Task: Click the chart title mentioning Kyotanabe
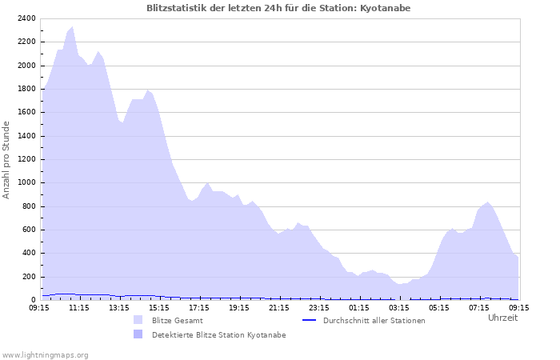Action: coord(279,8)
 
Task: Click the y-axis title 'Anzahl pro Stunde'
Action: coord(6,159)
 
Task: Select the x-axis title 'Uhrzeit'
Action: coord(502,318)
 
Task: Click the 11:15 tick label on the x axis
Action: coord(79,306)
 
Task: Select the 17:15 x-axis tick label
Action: coord(199,306)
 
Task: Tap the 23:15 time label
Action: coord(319,306)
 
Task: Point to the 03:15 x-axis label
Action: coord(399,306)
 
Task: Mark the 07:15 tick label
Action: coord(479,306)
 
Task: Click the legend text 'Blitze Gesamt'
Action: coord(177,321)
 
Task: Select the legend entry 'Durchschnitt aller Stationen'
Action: coord(374,321)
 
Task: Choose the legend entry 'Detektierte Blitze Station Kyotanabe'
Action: coord(218,335)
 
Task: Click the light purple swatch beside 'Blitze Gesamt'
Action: coord(138,321)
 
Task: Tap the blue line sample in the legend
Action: coord(310,321)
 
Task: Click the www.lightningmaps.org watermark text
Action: coord(45,354)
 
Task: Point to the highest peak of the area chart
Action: coord(73,27)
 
